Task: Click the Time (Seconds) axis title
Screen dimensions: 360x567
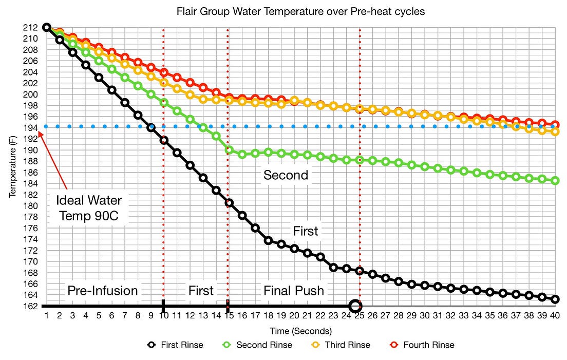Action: (x=301, y=331)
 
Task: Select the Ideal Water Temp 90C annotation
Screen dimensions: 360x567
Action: (x=89, y=207)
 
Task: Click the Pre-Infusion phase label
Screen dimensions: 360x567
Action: (x=103, y=291)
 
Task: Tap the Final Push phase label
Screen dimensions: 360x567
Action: (x=294, y=291)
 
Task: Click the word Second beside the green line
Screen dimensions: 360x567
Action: (x=286, y=175)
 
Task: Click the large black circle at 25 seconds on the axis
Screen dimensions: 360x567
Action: (x=355, y=306)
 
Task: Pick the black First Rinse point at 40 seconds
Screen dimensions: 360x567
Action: (x=555, y=299)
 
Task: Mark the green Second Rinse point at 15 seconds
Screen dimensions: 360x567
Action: (x=229, y=150)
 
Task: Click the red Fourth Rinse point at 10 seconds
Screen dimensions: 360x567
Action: (x=164, y=73)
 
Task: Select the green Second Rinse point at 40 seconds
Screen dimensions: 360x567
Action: (x=555, y=181)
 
